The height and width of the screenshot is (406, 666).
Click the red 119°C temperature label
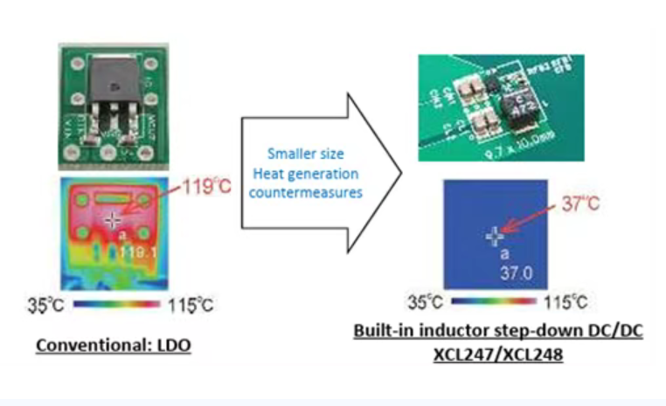[207, 188]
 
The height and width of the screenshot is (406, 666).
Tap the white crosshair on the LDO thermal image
[113, 221]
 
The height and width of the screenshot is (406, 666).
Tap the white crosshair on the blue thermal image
[495, 236]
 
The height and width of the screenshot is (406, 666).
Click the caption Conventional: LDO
[114, 346]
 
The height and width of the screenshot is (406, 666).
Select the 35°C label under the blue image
[427, 303]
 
